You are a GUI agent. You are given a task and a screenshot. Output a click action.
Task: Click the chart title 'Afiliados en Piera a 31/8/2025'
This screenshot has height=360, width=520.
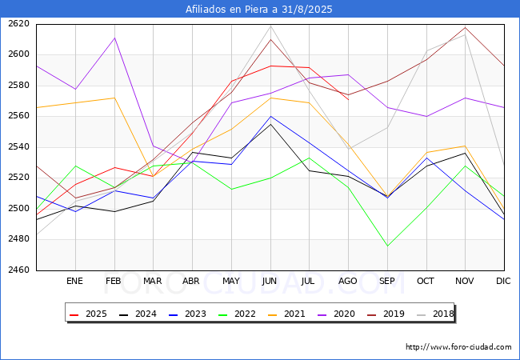coord(259,10)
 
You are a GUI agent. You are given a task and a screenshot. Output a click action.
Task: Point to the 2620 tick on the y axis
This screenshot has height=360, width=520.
coord(18,24)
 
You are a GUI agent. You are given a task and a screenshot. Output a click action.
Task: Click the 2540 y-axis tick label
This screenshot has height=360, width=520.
coord(18,147)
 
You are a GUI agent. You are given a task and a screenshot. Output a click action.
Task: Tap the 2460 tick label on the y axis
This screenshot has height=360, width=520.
coord(18,270)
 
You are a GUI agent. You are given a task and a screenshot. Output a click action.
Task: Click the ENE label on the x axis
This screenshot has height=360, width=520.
coord(74,282)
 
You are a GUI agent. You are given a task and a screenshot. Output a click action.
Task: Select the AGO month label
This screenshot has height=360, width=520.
coord(348,282)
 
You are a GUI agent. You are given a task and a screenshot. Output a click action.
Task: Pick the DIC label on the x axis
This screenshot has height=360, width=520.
coord(503,282)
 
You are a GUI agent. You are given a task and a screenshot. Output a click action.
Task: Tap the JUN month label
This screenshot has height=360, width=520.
coord(270,282)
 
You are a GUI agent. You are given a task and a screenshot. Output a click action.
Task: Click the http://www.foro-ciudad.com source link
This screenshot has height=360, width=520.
coord(458,347)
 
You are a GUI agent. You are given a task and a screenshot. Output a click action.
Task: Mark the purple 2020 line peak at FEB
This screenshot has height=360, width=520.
coord(114,38)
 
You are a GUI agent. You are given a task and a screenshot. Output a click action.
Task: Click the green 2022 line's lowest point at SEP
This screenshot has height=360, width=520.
coord(387,246)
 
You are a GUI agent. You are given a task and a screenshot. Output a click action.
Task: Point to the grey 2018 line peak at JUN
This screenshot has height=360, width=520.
coord(270,26)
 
